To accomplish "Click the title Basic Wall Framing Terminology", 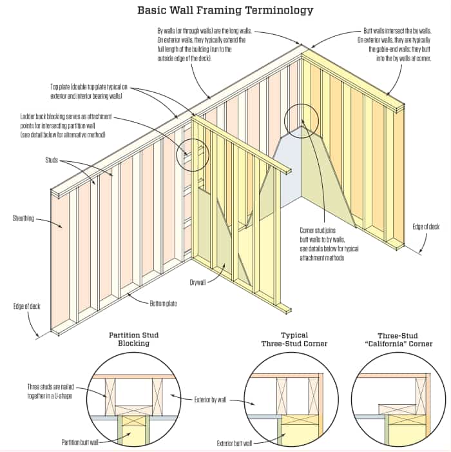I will point(225,10).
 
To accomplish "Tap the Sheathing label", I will point(23,219).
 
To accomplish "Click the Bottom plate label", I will point(164,303).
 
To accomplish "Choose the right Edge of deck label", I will point(426,226).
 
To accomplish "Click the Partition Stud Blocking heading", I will point(133,339).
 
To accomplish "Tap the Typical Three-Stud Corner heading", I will point(294,339).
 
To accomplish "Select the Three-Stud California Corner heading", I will point(394,339).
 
